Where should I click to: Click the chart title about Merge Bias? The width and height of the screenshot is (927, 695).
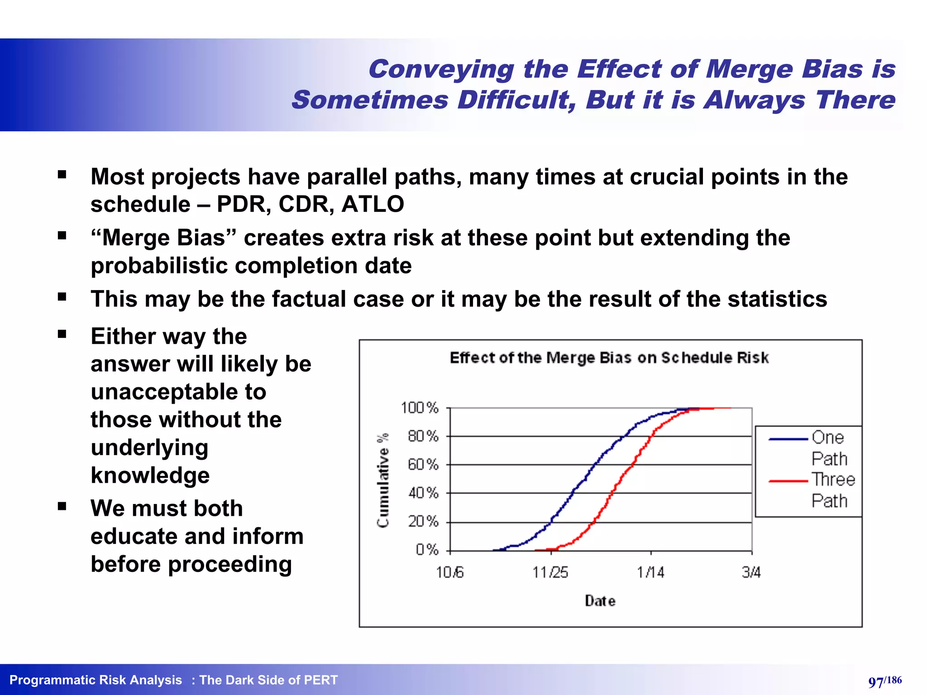tap(609, 358)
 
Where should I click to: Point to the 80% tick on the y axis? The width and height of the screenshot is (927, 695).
tap(423, 437)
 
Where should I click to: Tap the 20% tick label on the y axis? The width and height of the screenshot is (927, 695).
tap(423, 522)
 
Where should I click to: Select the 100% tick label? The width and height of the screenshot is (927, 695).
tap(420, 408)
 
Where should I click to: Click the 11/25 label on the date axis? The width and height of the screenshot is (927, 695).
tap(550, 573)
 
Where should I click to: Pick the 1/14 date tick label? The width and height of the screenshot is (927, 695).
tap(650, 573)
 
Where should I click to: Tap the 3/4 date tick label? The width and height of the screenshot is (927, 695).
tap(751, 573)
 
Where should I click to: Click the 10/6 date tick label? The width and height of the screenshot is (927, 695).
tap(449, 573)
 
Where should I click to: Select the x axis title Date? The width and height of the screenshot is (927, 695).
tap(600, 601)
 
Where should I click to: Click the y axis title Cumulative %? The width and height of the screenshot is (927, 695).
tap(383, 480)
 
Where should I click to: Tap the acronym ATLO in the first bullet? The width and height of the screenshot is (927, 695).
tap(373, 204)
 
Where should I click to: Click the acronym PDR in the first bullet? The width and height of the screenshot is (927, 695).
tap(243, 204)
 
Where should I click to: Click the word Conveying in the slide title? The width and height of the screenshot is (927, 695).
tap(441, 69)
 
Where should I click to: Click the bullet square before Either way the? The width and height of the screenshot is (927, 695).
tap(62, 334)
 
